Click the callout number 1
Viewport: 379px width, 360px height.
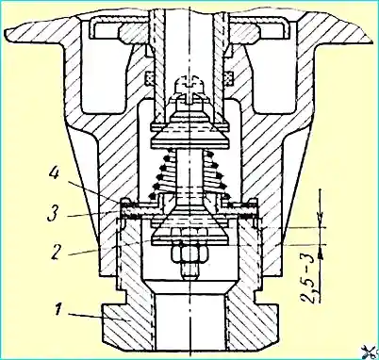pyautogui.click(x=58, y=310)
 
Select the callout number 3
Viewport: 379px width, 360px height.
pyautogui.click(x=54, y=214)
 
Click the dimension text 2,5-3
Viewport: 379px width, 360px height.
pyautogui.click(x=309, y=278)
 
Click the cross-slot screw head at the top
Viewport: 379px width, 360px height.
pyautogui.click(x=189, y=85)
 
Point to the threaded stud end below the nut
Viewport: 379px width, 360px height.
pyautogui.click(x=189, y=270)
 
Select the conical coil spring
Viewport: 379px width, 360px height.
pyautogui.click(x=189, y=173)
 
